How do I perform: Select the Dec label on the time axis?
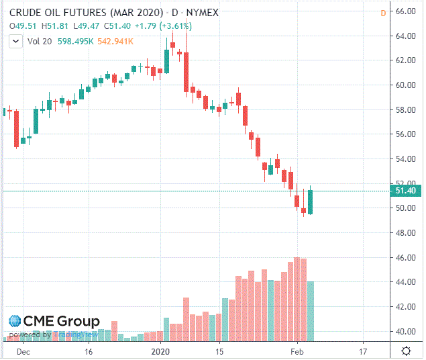point(22,351)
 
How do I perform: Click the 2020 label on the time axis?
point(161,351)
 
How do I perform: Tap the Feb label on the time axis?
point(297,351)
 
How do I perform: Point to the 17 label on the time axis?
point(363,351)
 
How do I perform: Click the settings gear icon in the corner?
point(406,351)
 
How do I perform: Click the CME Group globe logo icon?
point(15,322)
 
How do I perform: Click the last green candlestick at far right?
point(310,202)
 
